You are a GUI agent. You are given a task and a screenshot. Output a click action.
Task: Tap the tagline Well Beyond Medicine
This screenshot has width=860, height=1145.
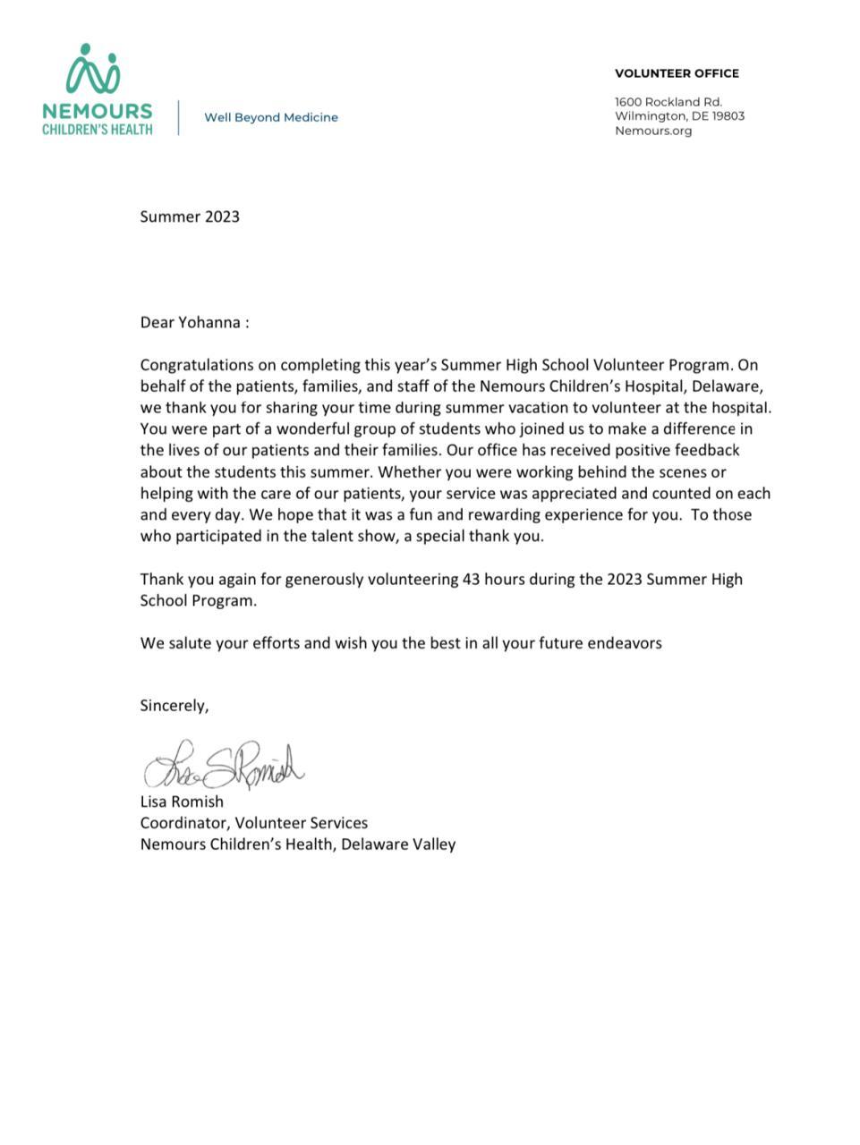pos(271,117)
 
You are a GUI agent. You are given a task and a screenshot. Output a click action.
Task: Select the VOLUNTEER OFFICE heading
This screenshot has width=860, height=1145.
pos(677,73)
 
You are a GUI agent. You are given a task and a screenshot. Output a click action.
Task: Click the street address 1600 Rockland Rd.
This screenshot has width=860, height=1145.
pos(668,102)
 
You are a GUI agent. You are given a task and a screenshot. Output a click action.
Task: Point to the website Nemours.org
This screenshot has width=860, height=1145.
pos(653,131)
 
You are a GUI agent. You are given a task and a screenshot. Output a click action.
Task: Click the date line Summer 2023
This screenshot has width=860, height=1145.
pos(190,216)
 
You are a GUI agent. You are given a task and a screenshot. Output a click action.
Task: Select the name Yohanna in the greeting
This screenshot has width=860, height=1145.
pos(209,323)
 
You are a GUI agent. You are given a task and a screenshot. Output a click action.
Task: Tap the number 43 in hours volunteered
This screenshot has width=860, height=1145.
pos(472,579)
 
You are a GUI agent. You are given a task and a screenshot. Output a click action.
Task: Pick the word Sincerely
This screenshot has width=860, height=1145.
pos(174,706)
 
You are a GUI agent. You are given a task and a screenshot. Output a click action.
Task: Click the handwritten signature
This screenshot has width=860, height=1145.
pos(224,766)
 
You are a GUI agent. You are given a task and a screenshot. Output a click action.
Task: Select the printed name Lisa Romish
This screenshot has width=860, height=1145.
pos(182,801)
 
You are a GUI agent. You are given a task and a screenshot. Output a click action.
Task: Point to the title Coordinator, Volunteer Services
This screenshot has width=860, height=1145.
pos(253,823)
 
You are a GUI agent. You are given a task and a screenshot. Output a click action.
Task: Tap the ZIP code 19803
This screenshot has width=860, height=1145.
pos(728,116)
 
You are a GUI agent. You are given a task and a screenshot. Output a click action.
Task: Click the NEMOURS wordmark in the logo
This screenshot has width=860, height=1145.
pos(97,111)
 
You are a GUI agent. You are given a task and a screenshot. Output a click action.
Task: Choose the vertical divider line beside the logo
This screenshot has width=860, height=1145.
pos(178,117)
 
